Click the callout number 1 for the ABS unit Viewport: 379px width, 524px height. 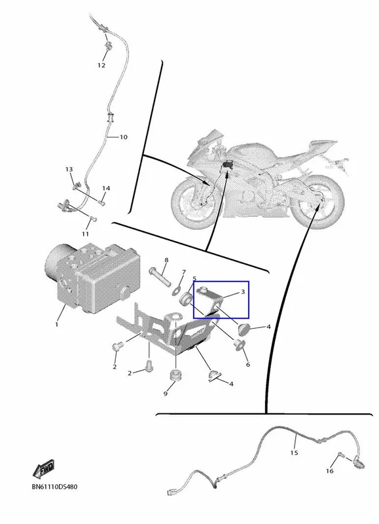coord(56,324)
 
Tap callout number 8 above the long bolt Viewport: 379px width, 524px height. coord(166,260)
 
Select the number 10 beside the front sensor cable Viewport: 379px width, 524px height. coord(123,137)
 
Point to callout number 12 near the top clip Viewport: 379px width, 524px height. coord(101,65)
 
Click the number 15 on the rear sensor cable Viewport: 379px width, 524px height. coord(294,453)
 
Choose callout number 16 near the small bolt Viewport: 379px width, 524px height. coord(330,471)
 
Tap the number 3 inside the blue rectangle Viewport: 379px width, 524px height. coord(243,291)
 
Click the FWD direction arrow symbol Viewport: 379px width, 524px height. coord(43,469)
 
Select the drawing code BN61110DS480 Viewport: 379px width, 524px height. coord(54,487)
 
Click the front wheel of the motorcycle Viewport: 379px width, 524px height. coord(194,203)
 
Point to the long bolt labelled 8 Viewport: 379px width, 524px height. coord(160,276)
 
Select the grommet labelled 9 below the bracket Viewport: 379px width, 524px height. coord(175,375)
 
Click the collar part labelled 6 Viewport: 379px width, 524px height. coord(239,345)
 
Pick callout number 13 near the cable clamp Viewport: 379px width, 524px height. coord(69,170)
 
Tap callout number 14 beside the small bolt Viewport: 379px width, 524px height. coord(106,188)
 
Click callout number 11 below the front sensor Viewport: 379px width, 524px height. coord(85,234)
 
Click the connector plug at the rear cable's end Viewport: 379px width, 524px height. coord(171,493)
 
